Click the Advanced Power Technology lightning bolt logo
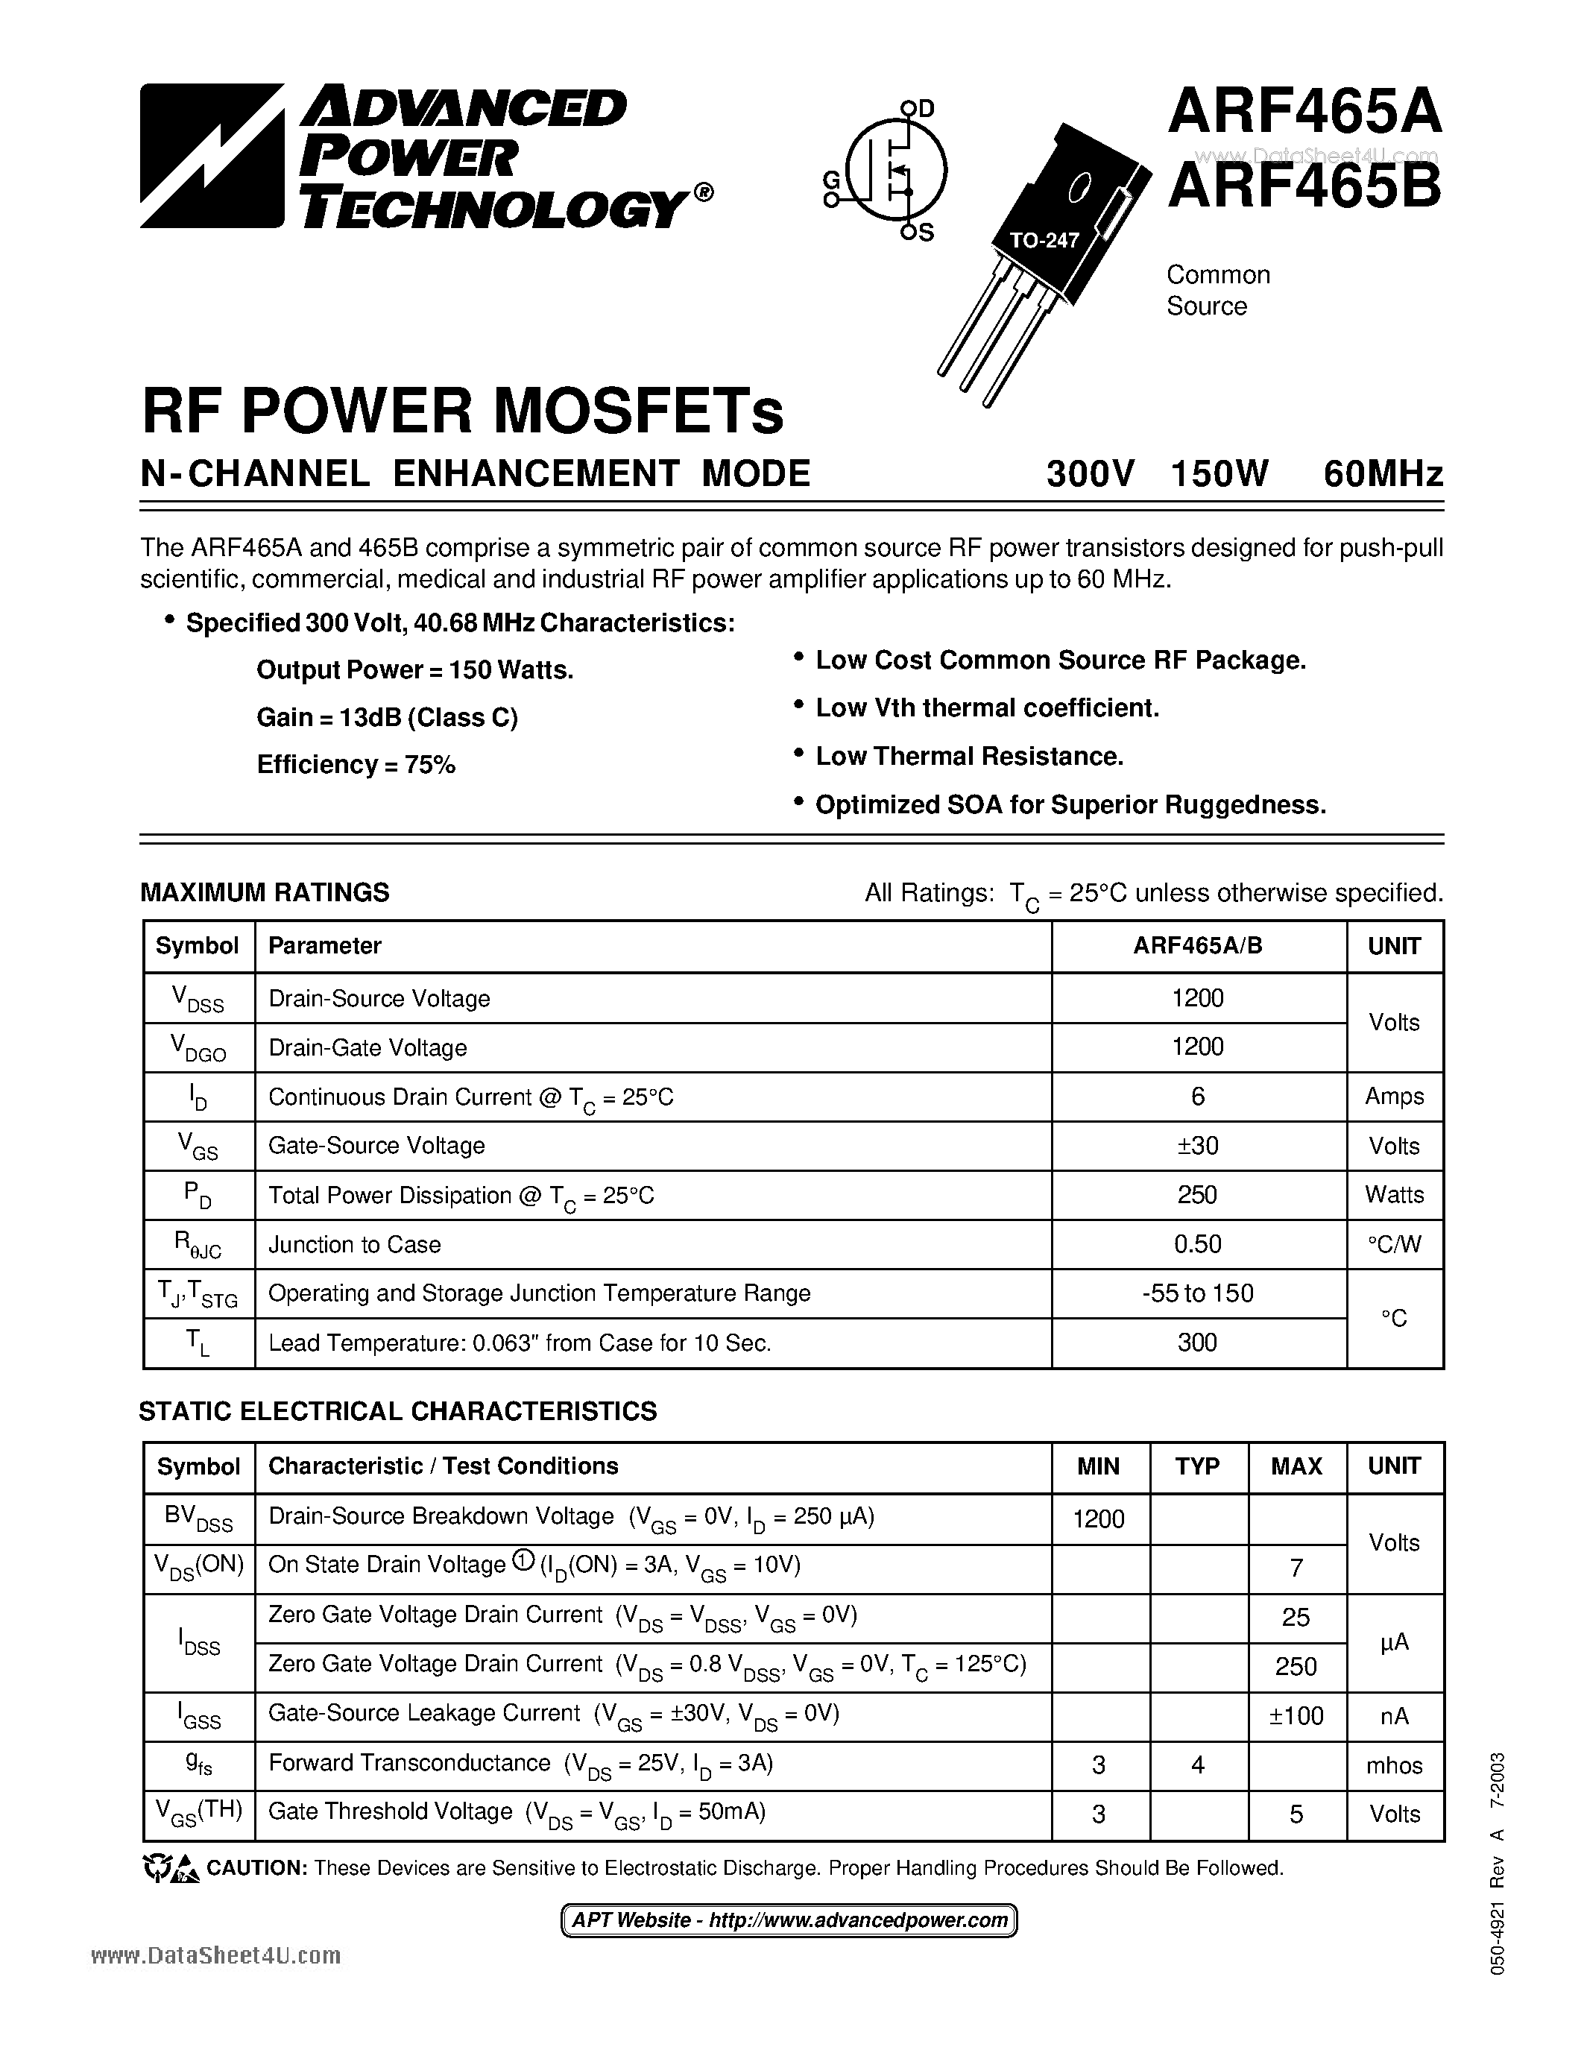coord(211,156)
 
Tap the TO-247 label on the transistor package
coord(1044,240)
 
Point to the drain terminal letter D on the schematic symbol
coord(927,109)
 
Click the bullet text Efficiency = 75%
coord(356,765)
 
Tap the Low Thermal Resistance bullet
coord(968,757)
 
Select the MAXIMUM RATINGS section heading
coord(265,892)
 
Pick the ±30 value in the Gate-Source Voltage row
coord(1197,1145)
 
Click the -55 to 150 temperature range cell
coord(1197,1293)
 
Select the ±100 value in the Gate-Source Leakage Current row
coord(1296,1716)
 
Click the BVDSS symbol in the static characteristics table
coord(199,1518)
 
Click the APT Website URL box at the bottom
coord(789,1920)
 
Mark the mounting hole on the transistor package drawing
coord(1080,188)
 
